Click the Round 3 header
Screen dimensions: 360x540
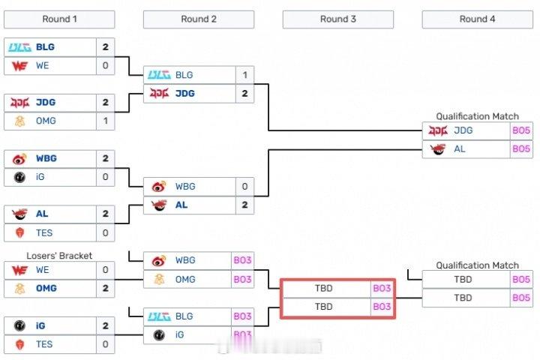(x=338, y=19)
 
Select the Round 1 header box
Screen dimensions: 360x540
(x=59, y=19)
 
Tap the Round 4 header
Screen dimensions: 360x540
(x=478, y=19)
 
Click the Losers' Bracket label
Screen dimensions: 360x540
(x=59, y=256)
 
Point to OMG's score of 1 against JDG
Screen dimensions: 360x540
(x=105, y=121)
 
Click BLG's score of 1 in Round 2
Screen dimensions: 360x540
(x=244, y=75)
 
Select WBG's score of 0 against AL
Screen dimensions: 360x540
(x=244, y=186)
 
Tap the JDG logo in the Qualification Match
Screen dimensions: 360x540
(x=437, y=130)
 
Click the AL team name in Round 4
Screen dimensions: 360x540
(x=460, y=148)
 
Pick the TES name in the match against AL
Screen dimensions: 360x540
(x=44, y=232)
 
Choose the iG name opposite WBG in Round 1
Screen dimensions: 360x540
(x=41, y=177)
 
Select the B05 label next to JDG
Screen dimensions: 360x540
(x=521, y=130)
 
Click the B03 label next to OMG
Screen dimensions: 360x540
(x=242, y=279)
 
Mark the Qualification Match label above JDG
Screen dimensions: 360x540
(x=478, y=116)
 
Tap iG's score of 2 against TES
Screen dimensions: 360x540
(x=105, y=325)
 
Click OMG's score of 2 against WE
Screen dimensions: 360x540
(x=105, y=288)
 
